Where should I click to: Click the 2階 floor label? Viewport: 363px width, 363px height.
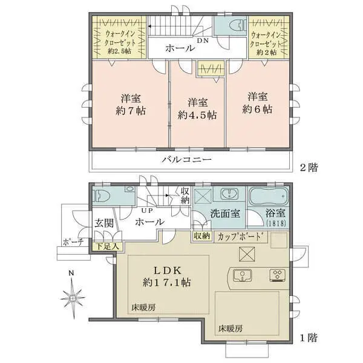point(309,167)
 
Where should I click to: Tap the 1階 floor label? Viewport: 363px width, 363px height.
point(309,338)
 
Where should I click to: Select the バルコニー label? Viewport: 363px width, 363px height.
point(186,160)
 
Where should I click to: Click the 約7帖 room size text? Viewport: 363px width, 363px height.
point(131,111)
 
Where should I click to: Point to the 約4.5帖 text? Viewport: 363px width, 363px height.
point(197,114)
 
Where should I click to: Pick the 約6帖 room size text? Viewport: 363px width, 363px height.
point(257,109)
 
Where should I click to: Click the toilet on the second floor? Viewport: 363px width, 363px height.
point(237,25)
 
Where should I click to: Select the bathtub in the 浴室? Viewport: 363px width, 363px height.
point(269,196)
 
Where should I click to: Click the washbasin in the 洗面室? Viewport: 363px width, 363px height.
point(229,194)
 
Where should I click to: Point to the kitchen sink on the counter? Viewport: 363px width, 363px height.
point(242,275)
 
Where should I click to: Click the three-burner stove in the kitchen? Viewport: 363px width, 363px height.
point(277,275)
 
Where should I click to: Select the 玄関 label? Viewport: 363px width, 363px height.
point(104,223)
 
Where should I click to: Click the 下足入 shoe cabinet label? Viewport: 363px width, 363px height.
point(108,246)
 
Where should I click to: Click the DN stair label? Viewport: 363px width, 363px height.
point(203,41)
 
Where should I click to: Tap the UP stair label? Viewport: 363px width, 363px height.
point(147,211)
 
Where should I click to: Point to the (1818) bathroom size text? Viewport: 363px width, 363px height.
point(276,223)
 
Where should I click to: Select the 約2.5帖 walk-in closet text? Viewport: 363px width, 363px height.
point(119,51)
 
